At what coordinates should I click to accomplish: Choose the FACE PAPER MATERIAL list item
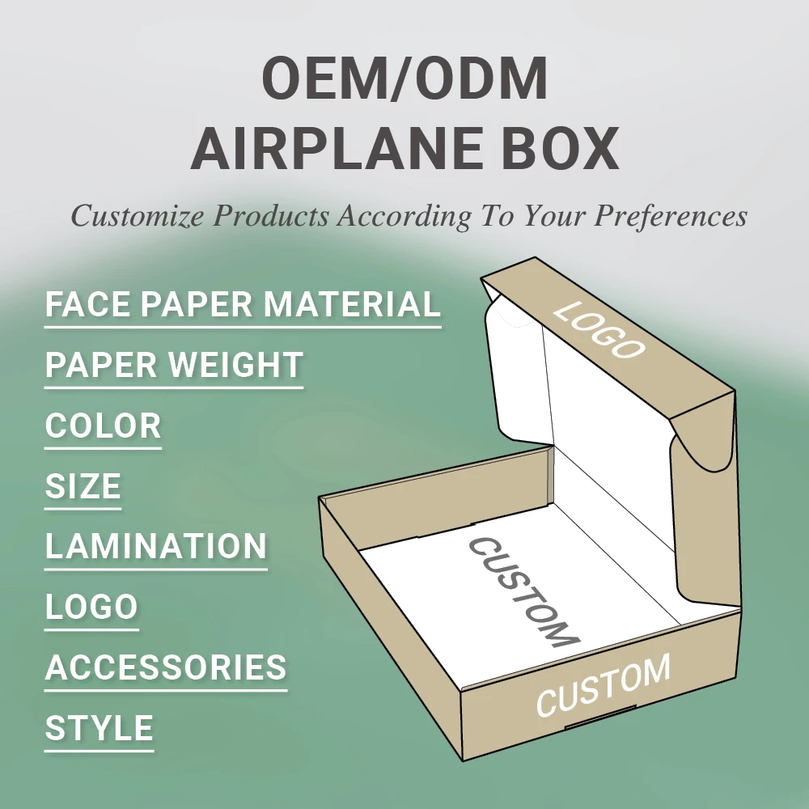pos(243,305)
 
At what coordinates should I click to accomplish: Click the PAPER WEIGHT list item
pos(174,366)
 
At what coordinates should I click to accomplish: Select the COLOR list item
pos(103,426)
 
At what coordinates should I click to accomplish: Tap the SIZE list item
pos(83,487)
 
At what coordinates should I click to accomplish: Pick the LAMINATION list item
pos(155,547)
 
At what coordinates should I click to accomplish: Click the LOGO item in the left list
pos(91,608)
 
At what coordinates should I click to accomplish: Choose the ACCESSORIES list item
pos(166,668)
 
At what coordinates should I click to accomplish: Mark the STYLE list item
pos(99,729)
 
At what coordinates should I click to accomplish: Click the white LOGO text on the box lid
pos(599,330)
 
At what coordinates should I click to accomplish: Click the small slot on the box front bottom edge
pos(589,723)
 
